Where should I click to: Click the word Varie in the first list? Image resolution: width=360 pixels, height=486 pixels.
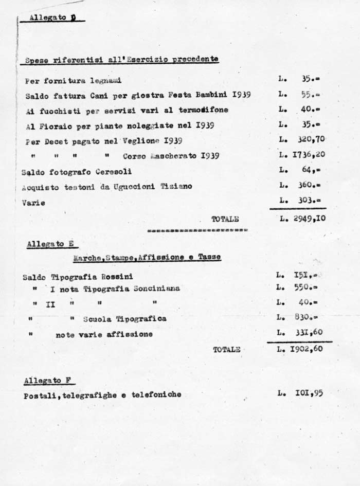pyautogui.click(x=33, y=202)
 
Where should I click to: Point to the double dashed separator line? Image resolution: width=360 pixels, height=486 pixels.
pyautogui.click(x=196, y=230)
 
